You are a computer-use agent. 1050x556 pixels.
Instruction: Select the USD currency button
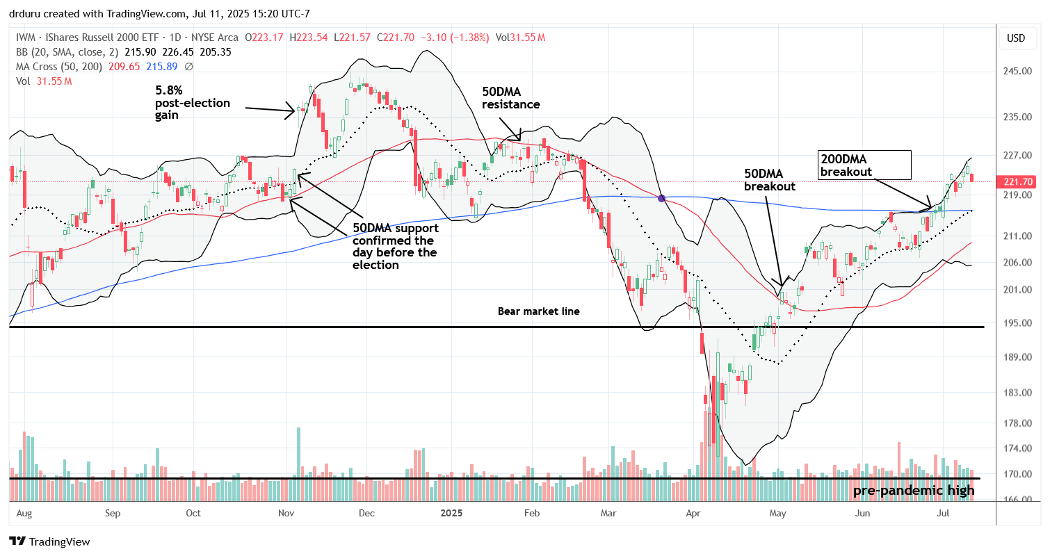pos(1016,38)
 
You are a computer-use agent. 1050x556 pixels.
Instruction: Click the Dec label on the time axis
pos(366,514)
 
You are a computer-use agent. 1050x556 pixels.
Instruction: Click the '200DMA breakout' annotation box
pos(865,165)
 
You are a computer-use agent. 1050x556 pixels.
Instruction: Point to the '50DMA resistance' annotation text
pos(512,98)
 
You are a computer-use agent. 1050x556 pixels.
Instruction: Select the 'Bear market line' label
pos(539,311)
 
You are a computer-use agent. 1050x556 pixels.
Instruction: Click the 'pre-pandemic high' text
pos(914,491)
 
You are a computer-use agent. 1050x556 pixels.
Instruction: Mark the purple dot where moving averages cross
pos(662,198)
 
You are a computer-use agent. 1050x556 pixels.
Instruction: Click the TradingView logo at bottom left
pos(49,541)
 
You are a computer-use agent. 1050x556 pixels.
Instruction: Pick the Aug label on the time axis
pos(24,514)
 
